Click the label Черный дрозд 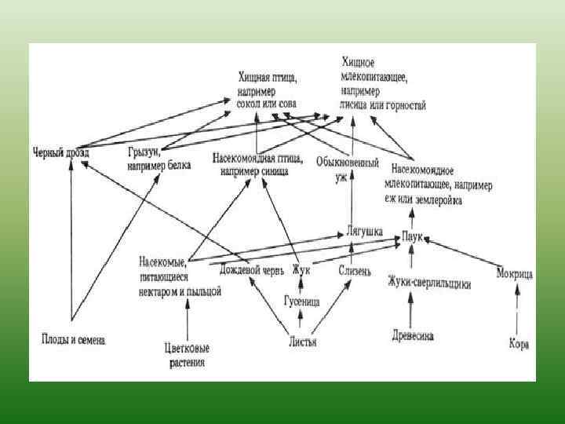[61, 152]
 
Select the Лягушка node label [364, 232]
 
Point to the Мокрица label [515, 274]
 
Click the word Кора [517, 343]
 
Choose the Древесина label [413, 336]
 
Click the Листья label [302, 342]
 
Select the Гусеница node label [301, 300]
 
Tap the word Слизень [354, 271]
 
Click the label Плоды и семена [73, 339]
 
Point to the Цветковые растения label [186, 356]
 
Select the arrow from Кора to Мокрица [516, 310]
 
